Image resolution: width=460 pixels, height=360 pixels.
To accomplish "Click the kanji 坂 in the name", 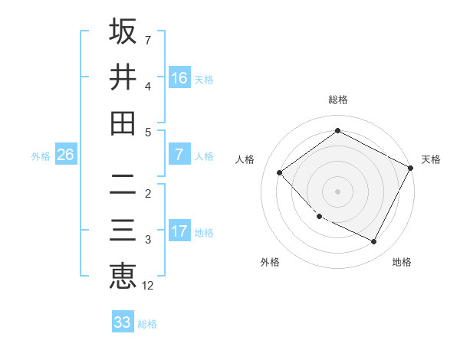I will tap(123, 31).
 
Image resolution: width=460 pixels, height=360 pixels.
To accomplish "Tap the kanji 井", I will tap(123, 77).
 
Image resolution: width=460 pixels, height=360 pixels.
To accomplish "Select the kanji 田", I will tap(123, 123).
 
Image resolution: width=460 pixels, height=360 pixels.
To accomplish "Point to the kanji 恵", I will tap(123, 276).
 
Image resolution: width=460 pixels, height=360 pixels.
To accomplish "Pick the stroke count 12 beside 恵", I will tap(148, 286).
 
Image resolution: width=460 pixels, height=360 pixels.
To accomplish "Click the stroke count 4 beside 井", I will tap(148, 86).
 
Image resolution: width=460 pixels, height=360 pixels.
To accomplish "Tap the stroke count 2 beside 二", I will tap(148, 193).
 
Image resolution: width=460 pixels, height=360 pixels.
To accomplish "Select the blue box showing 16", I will tap(179, 78).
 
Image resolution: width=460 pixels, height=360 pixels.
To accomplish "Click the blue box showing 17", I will tap(179, 231).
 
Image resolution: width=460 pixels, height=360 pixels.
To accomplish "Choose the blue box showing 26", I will tap(65, 155).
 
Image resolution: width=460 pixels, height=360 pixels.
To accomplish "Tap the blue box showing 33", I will tap(123, 322).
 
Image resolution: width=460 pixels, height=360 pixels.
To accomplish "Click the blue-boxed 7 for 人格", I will tap(179, 155).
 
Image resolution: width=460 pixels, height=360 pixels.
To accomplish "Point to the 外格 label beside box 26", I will tap(41, 156).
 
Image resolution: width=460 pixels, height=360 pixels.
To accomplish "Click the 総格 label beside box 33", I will tap(147, 324).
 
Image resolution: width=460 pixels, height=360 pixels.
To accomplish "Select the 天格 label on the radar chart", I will tap(431, 159).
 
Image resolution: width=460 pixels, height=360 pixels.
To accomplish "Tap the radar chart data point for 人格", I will tap(280, 172).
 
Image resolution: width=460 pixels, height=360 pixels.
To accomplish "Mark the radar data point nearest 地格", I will tap(374, 242).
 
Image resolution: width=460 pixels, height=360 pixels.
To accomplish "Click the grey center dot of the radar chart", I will tap(338, 191).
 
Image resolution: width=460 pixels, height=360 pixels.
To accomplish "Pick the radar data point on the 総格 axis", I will tap(338, 130).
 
